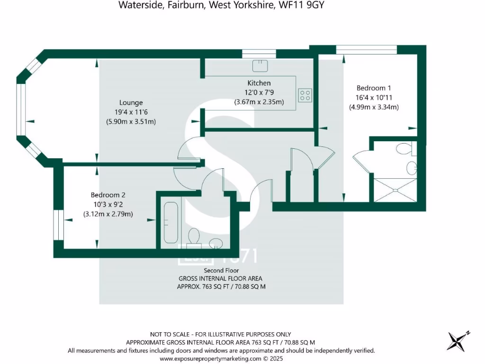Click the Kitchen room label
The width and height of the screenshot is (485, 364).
[x=259, y=83]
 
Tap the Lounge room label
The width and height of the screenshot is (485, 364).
[x=131, y=102]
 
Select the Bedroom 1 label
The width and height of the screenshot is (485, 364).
[x=374, y=88]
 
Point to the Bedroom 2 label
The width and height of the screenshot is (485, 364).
[x=108, y=195]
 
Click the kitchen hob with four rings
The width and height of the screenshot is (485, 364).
[x=305, y=95]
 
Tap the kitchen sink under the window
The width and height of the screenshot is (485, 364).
[x=260, y=65]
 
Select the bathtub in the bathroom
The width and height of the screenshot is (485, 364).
[x=171, y=221]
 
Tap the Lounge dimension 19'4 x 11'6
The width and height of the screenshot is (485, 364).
[x=131, y=112]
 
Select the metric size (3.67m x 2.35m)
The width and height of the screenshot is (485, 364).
[x=259, y=102]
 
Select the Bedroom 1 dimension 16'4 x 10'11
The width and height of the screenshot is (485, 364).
[x=374, y=97]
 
